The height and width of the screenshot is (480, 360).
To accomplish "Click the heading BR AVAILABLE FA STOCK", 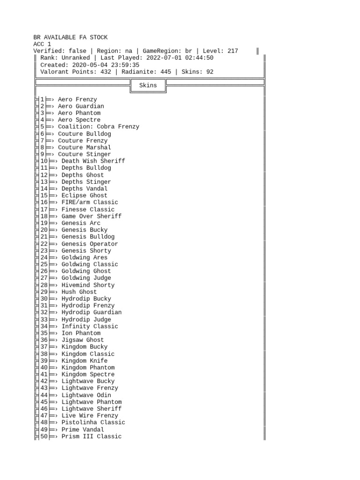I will pos(70,37).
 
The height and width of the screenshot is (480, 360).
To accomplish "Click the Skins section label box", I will pos(148,85).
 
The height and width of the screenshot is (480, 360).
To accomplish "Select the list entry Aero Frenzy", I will pos(77,99).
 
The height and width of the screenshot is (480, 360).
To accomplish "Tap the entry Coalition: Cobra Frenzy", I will pos(98,127).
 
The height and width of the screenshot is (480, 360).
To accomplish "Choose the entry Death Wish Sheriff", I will pos(93,161).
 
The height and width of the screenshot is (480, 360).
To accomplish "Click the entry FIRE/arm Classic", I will pos(90,202).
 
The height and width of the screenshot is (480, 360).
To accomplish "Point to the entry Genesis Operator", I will pos(90,244).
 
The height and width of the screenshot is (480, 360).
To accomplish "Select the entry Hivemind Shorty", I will pos(88,285).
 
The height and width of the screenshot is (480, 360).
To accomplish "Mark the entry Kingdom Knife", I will pos(84,360).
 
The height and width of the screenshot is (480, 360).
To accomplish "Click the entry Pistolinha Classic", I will pos(93,422).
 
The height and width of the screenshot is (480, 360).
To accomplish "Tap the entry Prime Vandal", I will pos(83,429).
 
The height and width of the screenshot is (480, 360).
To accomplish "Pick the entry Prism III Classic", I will pos(91,436).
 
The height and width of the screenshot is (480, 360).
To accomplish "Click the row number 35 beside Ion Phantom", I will pos(44,333).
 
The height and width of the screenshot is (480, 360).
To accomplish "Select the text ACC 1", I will pos(42,44).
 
